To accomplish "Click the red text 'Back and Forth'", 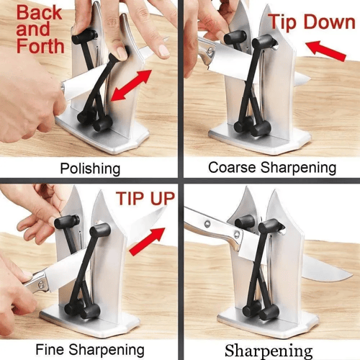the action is (40, 30).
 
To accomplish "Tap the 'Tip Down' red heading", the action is (312, 22).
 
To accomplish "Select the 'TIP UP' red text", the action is (145, 199).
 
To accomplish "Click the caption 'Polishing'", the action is (90, 168).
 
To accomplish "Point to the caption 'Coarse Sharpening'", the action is (272, 168).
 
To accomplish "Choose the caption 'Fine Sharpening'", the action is (90, 349).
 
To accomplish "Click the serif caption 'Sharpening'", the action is (269, 351).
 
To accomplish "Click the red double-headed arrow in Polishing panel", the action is (131, 85).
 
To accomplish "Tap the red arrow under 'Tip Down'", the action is (325, 50).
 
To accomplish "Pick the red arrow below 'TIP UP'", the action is (148, 241).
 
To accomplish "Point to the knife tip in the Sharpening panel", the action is (351, 275).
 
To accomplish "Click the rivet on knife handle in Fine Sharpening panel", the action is (41, 284).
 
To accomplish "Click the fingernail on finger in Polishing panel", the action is (164, 50).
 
